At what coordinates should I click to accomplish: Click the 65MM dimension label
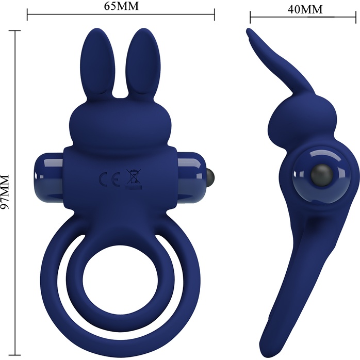pos(121,6)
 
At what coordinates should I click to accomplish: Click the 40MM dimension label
pos(305,9)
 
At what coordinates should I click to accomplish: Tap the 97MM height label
pos(5,192)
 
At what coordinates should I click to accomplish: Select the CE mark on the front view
pos(109,179)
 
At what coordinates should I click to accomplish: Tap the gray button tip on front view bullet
pos(210,176)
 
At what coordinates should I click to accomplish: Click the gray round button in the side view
pos(322,175)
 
